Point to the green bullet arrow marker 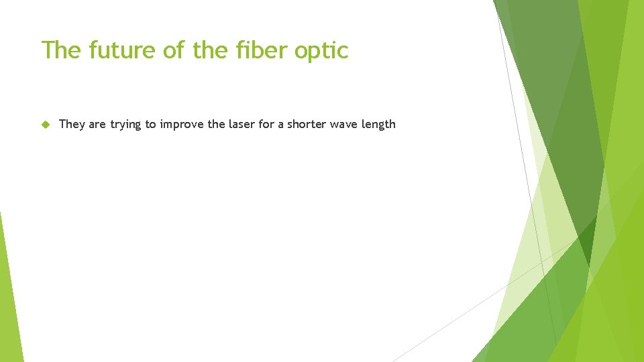coord(46,124)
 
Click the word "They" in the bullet coord(72,124)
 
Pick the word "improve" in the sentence coord(182,125)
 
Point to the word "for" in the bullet coord(266,124)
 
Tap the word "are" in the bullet coord(97,124)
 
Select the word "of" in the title coord(172,50)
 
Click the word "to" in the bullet coord(150,124)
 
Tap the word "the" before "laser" coord(217,124)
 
